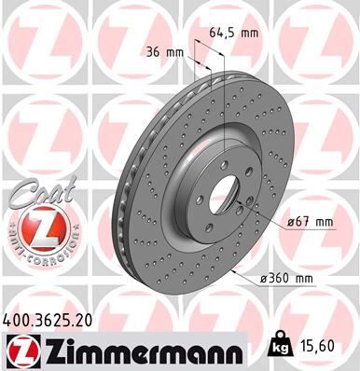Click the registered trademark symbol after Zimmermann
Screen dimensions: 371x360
click(241, 342)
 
